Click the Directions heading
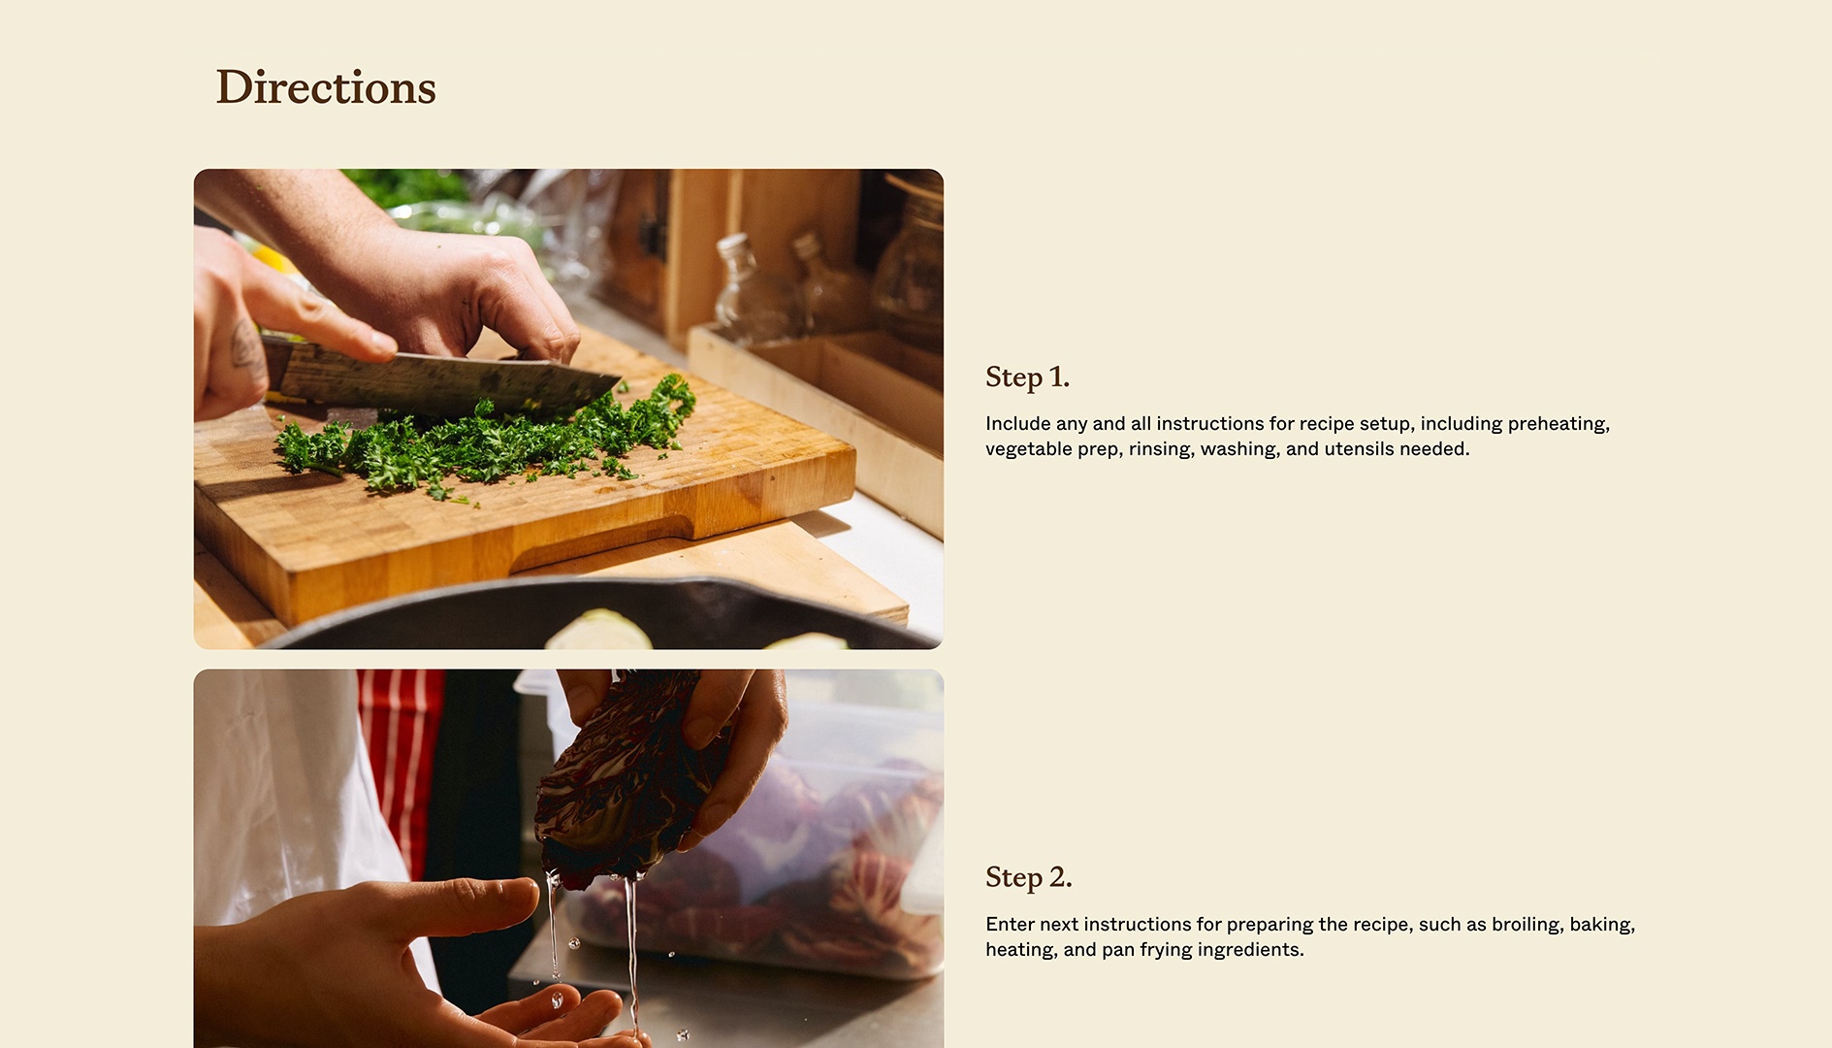(x=325, y=87)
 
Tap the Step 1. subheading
(x=1027, y=377)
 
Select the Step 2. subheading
(x=1028, y=877)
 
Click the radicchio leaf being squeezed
(x=621, y=776)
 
